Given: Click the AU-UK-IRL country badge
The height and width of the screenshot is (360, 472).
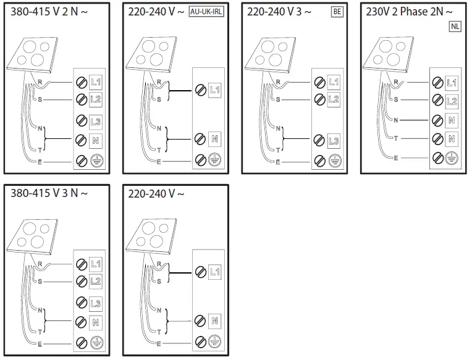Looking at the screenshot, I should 205,12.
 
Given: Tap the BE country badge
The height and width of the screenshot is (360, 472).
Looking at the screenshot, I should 337,12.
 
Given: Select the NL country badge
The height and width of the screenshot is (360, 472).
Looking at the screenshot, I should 455,27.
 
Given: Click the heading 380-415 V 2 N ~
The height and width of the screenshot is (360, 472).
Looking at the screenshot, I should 50,11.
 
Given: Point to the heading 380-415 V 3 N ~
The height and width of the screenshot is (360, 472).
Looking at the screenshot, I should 50,194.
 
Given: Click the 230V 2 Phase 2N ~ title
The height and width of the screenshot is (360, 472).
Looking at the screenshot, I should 410,12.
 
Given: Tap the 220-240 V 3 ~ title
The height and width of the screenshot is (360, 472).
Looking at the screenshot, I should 279,12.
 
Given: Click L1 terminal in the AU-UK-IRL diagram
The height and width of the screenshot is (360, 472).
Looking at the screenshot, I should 214,90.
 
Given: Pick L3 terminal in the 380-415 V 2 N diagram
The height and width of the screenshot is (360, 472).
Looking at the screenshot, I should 96,121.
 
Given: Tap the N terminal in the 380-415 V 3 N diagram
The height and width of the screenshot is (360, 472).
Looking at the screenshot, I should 96,321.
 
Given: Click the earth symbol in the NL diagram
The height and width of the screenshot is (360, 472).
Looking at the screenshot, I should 452,157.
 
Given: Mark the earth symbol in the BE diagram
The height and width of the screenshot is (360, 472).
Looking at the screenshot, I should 334,161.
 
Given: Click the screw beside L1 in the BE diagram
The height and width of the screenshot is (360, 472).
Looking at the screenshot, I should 319,82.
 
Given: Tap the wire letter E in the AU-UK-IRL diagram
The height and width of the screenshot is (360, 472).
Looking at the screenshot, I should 159,161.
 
